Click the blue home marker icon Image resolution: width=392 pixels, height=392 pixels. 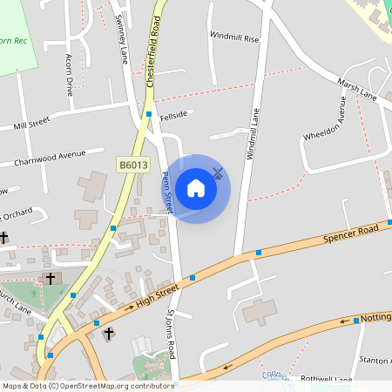tap(196, 187)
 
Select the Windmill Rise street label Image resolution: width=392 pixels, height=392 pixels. tap(234, 38)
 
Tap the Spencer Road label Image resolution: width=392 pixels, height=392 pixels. tap(352, 233)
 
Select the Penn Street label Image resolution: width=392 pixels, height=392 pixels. tap(167, 193)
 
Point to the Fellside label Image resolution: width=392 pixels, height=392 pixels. tap(174, 112)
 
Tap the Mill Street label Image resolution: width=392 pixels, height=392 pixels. tap(32, 126)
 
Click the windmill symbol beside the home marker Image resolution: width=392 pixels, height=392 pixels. tap(218, 173)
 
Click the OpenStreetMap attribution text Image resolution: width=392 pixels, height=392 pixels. tap(87, 385)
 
